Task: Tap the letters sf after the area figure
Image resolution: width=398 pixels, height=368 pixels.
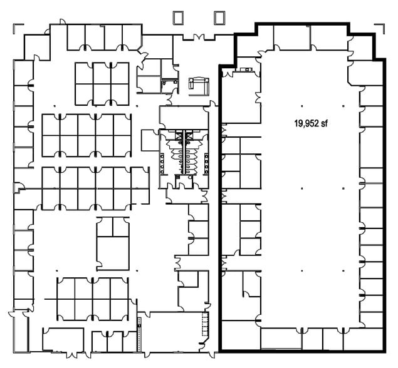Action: [324, 123]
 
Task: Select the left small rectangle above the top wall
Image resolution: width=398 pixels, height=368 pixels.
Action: [178, 17]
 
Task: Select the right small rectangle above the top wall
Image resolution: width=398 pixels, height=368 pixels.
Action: [219, 17]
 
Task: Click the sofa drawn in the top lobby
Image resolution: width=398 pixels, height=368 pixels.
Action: [198, 83]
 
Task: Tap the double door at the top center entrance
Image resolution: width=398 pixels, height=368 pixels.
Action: [199, 36]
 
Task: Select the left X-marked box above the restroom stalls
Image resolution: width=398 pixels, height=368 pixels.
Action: [177, 135]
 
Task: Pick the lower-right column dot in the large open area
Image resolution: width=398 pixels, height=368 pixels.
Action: [346, 270]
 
